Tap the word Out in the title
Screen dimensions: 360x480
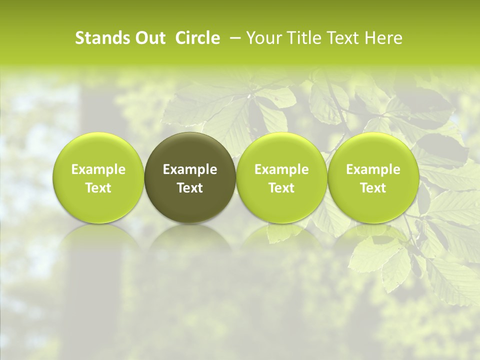pos(149,38)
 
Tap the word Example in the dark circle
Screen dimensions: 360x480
pos(190,169)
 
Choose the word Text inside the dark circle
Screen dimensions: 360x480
pos(190,188)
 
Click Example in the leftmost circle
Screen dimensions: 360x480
pos(98,169)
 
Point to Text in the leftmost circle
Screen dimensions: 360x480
pos(98,188)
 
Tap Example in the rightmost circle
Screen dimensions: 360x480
pos(373,169)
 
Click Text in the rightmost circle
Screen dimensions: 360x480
pos(373,188)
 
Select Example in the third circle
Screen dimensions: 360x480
pos(281,169)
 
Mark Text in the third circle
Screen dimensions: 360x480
pos(281,188)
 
